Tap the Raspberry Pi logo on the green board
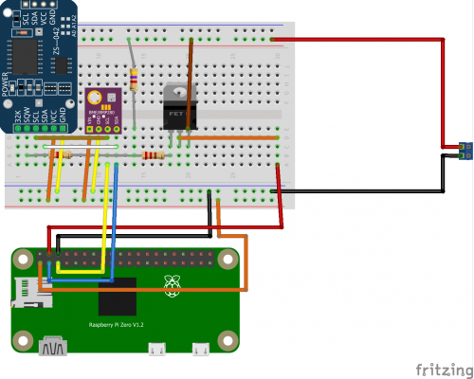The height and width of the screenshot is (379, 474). (173, 282)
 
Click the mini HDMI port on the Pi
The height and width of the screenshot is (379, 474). (53, 350)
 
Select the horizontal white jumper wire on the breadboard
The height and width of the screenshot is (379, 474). (85, 147)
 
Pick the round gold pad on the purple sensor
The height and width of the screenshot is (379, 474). (94, 96)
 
